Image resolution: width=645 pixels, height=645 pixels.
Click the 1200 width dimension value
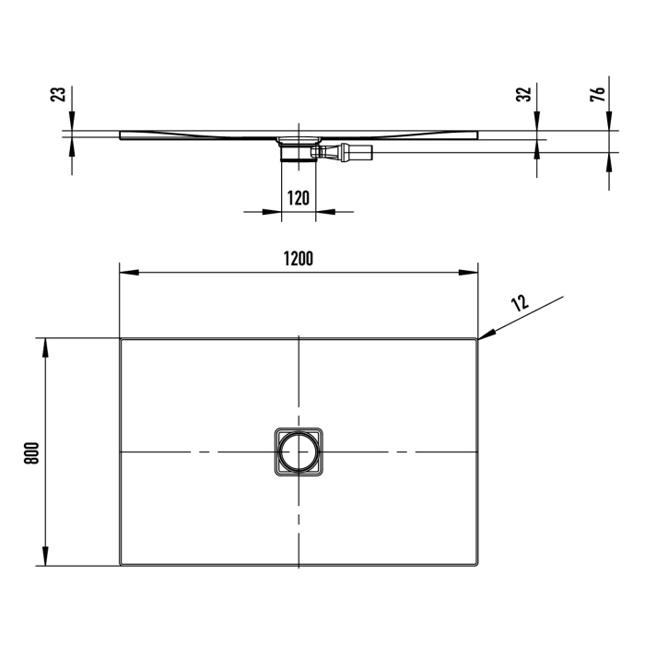299,259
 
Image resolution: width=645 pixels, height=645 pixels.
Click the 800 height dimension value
30,452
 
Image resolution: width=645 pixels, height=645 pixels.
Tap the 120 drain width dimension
298,198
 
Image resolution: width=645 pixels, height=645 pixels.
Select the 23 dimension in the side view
58,95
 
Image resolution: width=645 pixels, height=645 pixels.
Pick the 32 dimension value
525,95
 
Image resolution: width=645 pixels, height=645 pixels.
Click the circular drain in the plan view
299,452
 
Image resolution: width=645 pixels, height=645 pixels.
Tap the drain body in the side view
297,148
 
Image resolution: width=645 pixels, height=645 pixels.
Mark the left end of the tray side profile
122,135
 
